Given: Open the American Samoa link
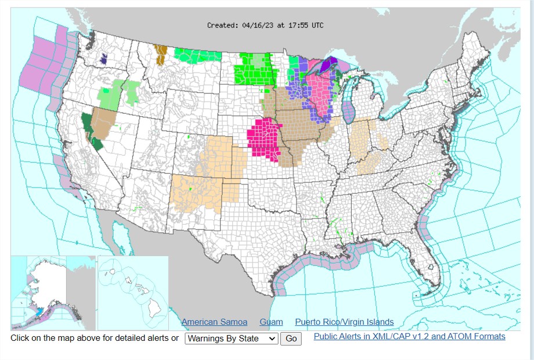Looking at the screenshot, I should (x=214, y=322).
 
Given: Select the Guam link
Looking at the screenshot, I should (x=271, y=322).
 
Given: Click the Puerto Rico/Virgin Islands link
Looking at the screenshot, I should (x=344, y=322).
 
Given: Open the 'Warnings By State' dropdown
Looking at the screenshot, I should (x=232, y=339).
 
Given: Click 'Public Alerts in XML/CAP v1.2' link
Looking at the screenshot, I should (x=409, y=336).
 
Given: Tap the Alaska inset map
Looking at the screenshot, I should (x=52, y=293).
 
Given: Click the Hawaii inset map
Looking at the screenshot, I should (x=133, y=293).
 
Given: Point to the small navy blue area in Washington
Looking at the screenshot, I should (x=103, y=58).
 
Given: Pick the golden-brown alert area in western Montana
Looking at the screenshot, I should (x=161, y=54).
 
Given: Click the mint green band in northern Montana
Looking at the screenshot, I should (x=200, y=56).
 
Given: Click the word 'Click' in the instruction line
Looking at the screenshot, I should (x=21, y=338).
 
